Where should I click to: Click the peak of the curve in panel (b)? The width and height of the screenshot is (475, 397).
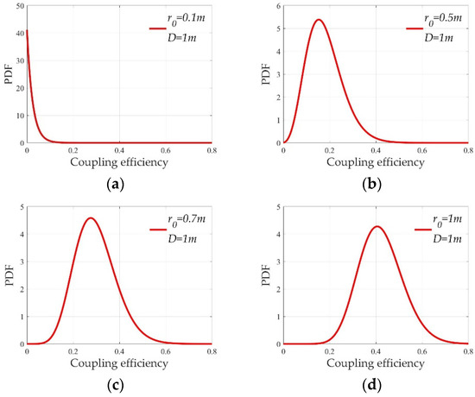click(x=319, y=19)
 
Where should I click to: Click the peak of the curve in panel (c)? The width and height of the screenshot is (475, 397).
click(x=90, y=217)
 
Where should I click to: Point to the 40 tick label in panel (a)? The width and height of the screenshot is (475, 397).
click(x=19, y=32)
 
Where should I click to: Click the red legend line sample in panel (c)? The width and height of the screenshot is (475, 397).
click(x=155, y=230)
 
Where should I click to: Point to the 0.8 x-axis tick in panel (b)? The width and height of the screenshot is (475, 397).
click(x=466, y=149)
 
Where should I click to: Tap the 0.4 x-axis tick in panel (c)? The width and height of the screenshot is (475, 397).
click(x=119, y=350)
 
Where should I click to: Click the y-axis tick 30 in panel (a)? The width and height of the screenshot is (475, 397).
click(x=19, y=60)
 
